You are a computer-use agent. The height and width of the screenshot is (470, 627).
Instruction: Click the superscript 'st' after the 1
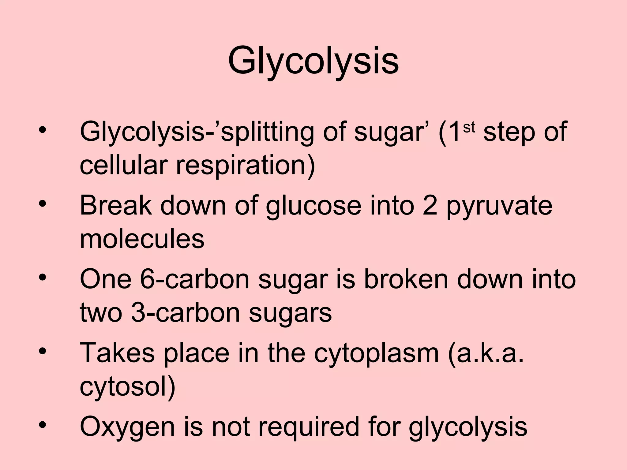coord(469,129)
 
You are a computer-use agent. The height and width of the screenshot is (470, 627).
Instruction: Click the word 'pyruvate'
coord(499,206)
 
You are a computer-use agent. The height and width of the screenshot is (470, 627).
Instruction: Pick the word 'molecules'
coord(142,239)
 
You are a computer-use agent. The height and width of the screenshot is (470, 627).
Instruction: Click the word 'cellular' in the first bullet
coord(123,166)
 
